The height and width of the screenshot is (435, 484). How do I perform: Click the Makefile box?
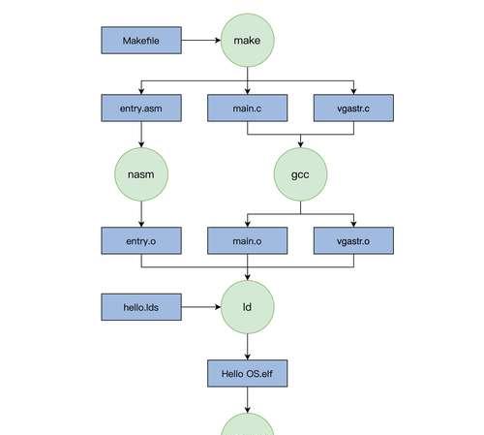[141, 41]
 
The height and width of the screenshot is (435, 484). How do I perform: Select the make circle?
[248, 41]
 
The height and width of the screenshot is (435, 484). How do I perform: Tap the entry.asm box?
[141, 108]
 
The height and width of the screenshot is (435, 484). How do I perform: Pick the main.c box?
[248, 108]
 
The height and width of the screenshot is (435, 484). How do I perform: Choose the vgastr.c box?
[353, 108]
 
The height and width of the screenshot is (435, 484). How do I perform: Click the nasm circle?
[141, 174]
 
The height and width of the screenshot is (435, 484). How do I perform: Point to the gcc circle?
[300, 174]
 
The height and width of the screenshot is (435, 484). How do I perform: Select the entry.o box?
[141, 240]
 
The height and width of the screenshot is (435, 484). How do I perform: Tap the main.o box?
[248, 240]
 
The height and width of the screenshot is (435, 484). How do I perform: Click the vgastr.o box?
[353, 240]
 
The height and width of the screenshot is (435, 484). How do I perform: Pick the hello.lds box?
[141, 307]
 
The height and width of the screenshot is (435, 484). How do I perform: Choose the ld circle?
[248, 307]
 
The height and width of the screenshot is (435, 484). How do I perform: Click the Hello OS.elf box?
[248, 373]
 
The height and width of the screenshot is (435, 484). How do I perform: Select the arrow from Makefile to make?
[201, 41]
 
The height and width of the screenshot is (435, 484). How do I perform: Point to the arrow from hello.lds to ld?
[201, 307]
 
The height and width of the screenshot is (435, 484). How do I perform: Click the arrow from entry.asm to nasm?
[141, 135]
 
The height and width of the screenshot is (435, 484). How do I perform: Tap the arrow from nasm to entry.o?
[141, 214]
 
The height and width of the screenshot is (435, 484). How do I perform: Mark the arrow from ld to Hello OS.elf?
[248, 347]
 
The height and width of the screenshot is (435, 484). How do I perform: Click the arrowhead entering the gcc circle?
[300, 144]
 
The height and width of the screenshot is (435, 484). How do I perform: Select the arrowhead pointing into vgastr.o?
[353, 224]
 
